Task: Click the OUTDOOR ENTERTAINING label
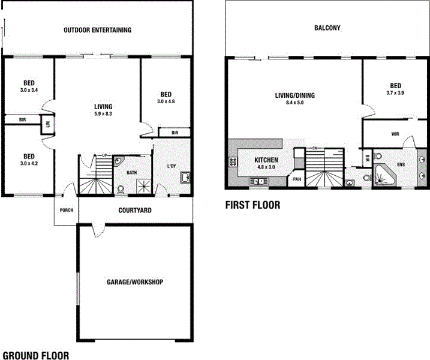tap(98, 30)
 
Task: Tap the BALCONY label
tap(327, 28)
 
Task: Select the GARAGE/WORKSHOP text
tap(135, 282)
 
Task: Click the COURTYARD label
tap(134, 211)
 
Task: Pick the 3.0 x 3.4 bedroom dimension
tap(29, 90)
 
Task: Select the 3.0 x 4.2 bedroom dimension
tap(29, 163)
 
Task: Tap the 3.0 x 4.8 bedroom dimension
tap(166, 101)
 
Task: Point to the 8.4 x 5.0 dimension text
tap(294, 103)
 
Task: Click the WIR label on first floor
tap(395, 134)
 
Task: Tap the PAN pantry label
tap(296, 178)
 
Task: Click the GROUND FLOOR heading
tap(35, 355)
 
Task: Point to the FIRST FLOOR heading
tap(252, 205)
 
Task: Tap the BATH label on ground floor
tap(132, 173)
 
